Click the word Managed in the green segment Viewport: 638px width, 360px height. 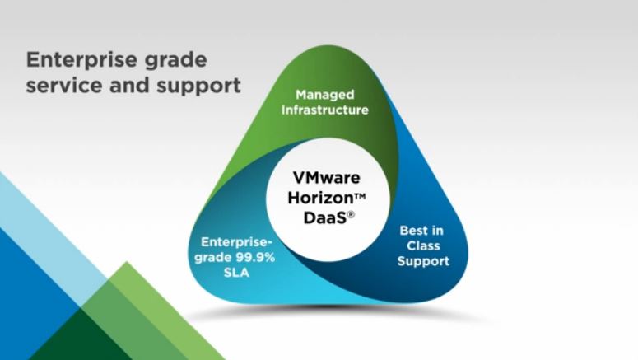324,95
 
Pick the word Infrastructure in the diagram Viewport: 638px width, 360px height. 324,110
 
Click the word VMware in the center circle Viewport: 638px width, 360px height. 326,178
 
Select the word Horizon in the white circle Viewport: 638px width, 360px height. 320,198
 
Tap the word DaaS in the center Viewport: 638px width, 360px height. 324,217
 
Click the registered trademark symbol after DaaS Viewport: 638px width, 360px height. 351,214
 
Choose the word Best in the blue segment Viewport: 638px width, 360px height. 414,231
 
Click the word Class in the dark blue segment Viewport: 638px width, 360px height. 423,246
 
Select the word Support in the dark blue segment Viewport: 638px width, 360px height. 423,261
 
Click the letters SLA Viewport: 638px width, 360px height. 236,273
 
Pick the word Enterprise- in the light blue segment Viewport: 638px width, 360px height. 236,242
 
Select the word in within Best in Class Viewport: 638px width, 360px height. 437,231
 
